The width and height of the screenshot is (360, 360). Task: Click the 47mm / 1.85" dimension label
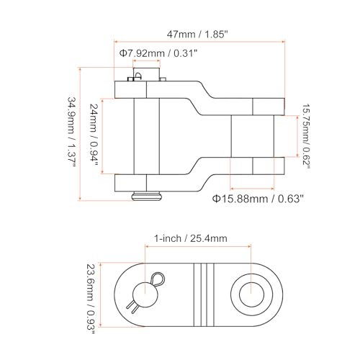click(197, 35)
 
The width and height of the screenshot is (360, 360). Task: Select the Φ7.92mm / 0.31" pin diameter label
click(158, 53)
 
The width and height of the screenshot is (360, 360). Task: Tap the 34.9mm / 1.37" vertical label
click(71, 132)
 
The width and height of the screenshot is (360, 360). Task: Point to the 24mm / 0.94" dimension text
click(93, 135)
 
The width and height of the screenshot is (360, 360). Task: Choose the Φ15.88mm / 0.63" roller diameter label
click(258, 199)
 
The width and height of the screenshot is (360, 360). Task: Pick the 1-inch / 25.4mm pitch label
click(190, 238)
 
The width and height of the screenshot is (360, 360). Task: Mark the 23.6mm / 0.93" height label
click(91, 299)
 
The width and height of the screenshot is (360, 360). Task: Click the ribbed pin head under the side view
click(147, 196)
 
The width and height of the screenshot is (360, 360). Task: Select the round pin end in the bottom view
click(145, 294)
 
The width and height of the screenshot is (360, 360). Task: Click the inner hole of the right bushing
click(251, 294)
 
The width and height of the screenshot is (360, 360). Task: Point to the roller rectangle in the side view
click(253, 136)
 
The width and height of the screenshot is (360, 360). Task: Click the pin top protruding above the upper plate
click(146, 74)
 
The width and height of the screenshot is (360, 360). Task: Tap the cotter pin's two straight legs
click(132, 307)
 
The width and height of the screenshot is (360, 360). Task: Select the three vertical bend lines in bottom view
click(204, 295)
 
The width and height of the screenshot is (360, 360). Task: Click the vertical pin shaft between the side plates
click(147, 136)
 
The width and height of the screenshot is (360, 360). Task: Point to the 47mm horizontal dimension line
click(199, 42)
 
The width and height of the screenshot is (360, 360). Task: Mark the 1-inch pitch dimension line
click(198, 246)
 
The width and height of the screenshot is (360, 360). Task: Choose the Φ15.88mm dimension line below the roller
click(252, 189)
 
